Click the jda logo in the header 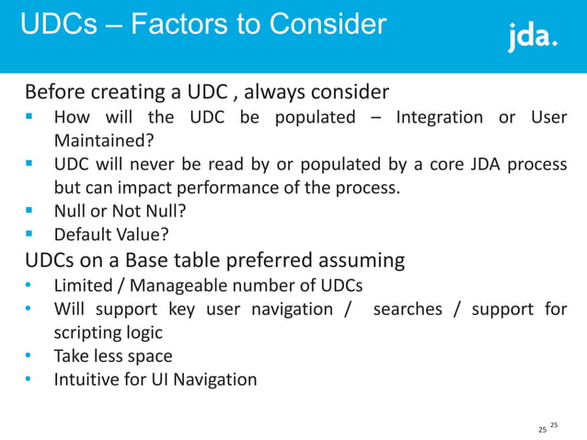click(x=533, y=38)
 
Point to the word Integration click(x=439, y=118)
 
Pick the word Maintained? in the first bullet click(x=103, y=141)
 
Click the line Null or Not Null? click(x=120, y=212)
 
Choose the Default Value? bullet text click(x=111, y=236)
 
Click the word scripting click(x=89, y=332)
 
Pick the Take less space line click(x=113, y=355)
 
